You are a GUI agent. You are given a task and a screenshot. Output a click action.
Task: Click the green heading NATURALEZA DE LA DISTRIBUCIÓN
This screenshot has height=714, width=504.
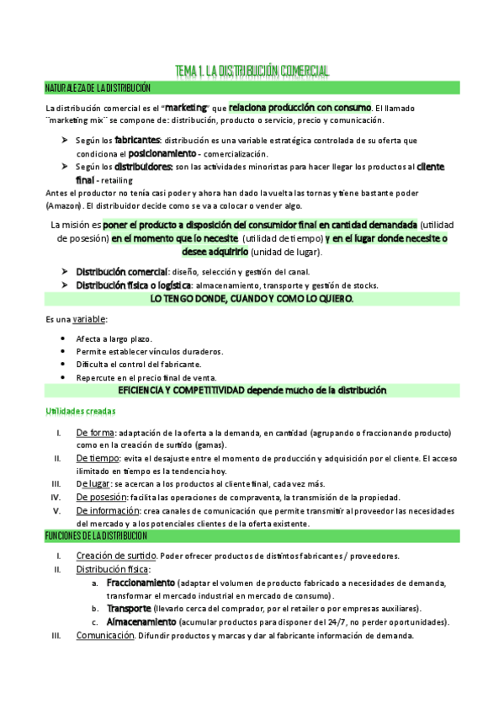tap(98, 88)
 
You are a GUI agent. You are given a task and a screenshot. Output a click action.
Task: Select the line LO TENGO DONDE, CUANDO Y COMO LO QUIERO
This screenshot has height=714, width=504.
tap(252, 299)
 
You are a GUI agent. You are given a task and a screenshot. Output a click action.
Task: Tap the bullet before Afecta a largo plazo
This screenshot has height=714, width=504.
tap(64, 338)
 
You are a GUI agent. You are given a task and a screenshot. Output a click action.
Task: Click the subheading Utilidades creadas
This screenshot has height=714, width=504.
tap(80, 411)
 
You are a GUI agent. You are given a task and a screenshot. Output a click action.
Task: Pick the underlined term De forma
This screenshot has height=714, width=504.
tap(94, 433)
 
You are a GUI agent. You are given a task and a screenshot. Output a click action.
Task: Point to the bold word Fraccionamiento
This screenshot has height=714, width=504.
tap(141, 583)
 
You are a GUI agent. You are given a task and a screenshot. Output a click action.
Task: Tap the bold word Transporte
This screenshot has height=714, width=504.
tap(129, 608)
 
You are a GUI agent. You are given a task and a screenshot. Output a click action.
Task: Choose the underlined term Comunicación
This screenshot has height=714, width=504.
tap(106, 636)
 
